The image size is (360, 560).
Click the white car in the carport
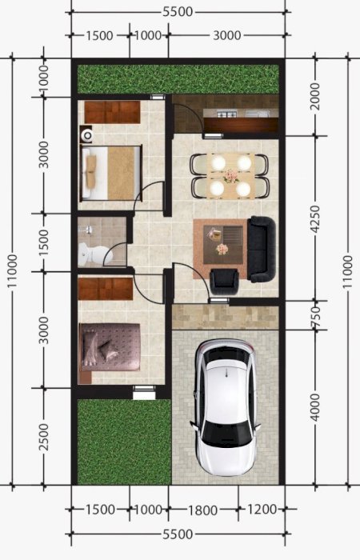pos(226,407)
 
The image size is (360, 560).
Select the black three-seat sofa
pos(262,249)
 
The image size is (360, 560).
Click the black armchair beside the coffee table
pos(224,282)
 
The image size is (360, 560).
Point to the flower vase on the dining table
pos(231,176)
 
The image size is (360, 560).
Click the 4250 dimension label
pos(315,219)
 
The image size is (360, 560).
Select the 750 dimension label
pos(315,316)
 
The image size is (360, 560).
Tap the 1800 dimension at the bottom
pos(202,510)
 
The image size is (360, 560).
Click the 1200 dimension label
pos(262,510)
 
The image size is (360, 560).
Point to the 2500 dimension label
pos(43,437)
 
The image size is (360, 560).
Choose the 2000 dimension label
pos(315,96)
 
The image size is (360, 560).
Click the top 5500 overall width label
pos(178,12)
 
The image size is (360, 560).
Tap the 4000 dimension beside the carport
pos(315,407)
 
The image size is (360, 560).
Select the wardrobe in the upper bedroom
pos(112,112)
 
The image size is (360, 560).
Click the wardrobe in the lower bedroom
pos(106,289)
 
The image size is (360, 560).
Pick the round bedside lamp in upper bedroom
pos(86,135)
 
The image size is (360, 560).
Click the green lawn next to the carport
pos(124,442)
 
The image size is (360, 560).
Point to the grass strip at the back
pos(178,79)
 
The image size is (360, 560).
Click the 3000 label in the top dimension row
pos(227,35)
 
